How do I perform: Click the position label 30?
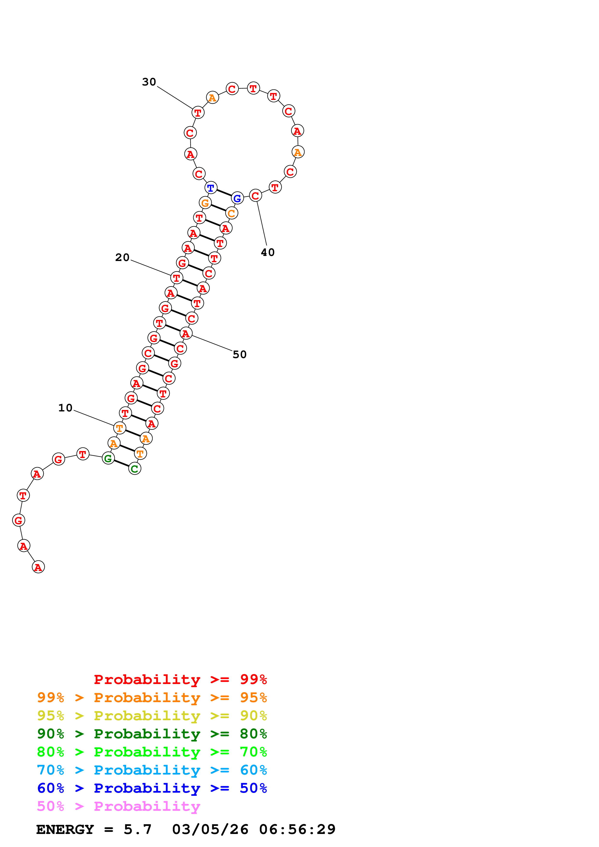(149, 82)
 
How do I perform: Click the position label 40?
(267, 252)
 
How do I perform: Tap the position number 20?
(122, 257)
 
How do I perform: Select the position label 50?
(239, 354)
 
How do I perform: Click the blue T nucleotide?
(211, 188)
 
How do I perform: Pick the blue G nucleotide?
(237, 198)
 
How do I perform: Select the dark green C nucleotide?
(135, 469)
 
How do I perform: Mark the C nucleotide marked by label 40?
(255, 196)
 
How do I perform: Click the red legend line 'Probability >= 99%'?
(180, 679)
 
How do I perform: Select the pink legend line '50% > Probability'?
(118, 806)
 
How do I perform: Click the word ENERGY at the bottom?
(65, 830)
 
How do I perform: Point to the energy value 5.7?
(137, 830)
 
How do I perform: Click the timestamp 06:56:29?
(297, 830)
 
